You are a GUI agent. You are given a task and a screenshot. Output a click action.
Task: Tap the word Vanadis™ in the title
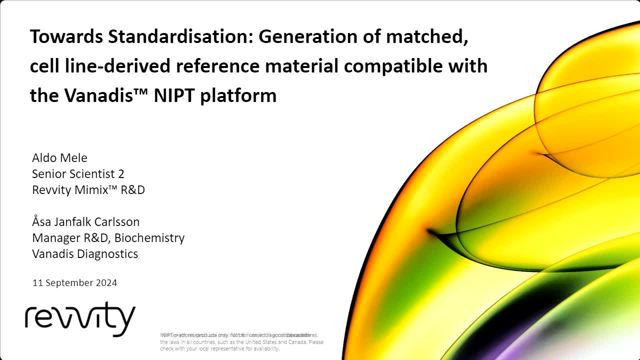tap(106, 95)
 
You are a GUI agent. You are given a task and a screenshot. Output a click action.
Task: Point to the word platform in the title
tap(238, 95)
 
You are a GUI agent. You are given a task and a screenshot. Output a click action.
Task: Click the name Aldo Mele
tap(59, 158)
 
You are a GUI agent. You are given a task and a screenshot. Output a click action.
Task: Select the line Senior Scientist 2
tap(78, 174)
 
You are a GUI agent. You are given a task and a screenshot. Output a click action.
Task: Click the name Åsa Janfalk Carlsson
tap(85, 222)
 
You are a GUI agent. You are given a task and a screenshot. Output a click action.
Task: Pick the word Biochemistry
tap(151, 238)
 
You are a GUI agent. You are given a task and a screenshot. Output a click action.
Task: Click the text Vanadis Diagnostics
tap(85, 254)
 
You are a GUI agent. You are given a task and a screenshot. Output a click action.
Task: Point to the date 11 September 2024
tap(74, 283)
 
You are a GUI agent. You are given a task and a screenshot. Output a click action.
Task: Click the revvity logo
tap(80, 318)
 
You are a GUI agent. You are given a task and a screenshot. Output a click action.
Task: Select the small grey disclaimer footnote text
tap(241, 342)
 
